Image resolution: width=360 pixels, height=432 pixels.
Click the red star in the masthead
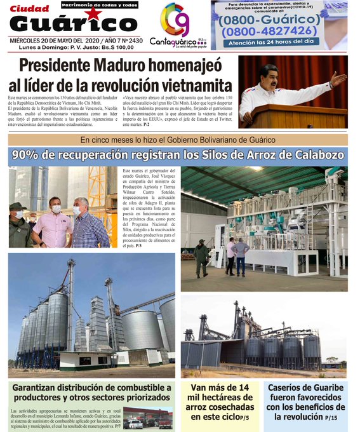(x=93, y=14)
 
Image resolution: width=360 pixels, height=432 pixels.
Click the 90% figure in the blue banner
(x=44, y=154)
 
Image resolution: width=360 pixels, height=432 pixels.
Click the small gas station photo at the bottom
(x=147, y=419)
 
